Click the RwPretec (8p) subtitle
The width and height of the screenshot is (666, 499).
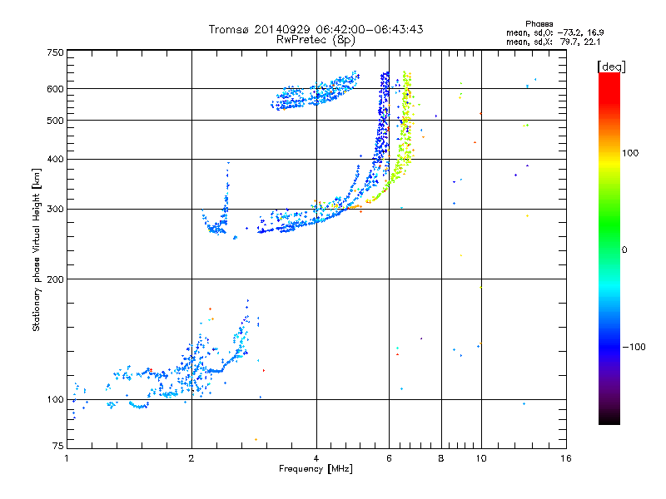click(316, 40)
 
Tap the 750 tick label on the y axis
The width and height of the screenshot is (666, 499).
click(55, 52)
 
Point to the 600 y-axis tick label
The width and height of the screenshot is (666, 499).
click(55, 89)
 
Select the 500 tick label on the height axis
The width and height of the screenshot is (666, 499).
click(55, 121)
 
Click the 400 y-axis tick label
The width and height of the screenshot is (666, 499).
click(55, 159)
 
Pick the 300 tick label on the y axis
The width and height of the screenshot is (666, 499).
click(55, 209)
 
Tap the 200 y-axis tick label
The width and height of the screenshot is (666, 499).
click(55, 279)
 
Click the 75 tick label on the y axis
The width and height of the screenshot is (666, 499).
click(58, 446)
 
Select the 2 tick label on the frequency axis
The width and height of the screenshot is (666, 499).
click(191, 458)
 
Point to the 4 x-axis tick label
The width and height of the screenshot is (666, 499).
click(316, 458)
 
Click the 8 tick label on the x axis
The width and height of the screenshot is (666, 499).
click(441, 458)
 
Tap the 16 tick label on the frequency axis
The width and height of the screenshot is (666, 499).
click(566, 458)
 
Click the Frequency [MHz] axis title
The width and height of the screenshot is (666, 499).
click(316, 469)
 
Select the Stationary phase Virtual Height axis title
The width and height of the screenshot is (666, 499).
click(37, 250)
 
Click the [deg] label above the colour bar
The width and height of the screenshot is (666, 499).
click(611, 67)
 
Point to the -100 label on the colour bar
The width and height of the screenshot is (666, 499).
click(634, 347)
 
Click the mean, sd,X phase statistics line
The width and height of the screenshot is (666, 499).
click(553, 42)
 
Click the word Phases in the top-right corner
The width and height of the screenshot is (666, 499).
click(539, 24)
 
